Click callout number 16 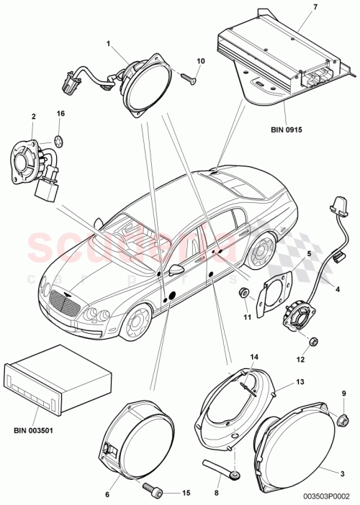coord(60,114)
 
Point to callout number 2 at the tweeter coord(33,116)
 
